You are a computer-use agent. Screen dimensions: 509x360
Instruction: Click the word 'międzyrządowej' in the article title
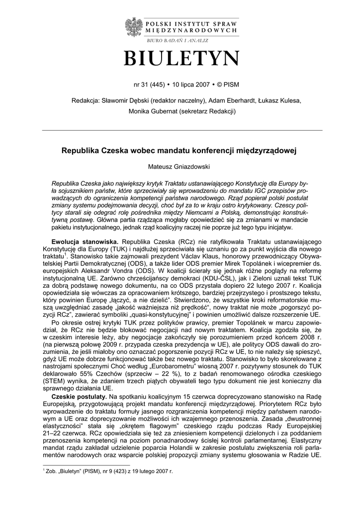click(268, 149)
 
